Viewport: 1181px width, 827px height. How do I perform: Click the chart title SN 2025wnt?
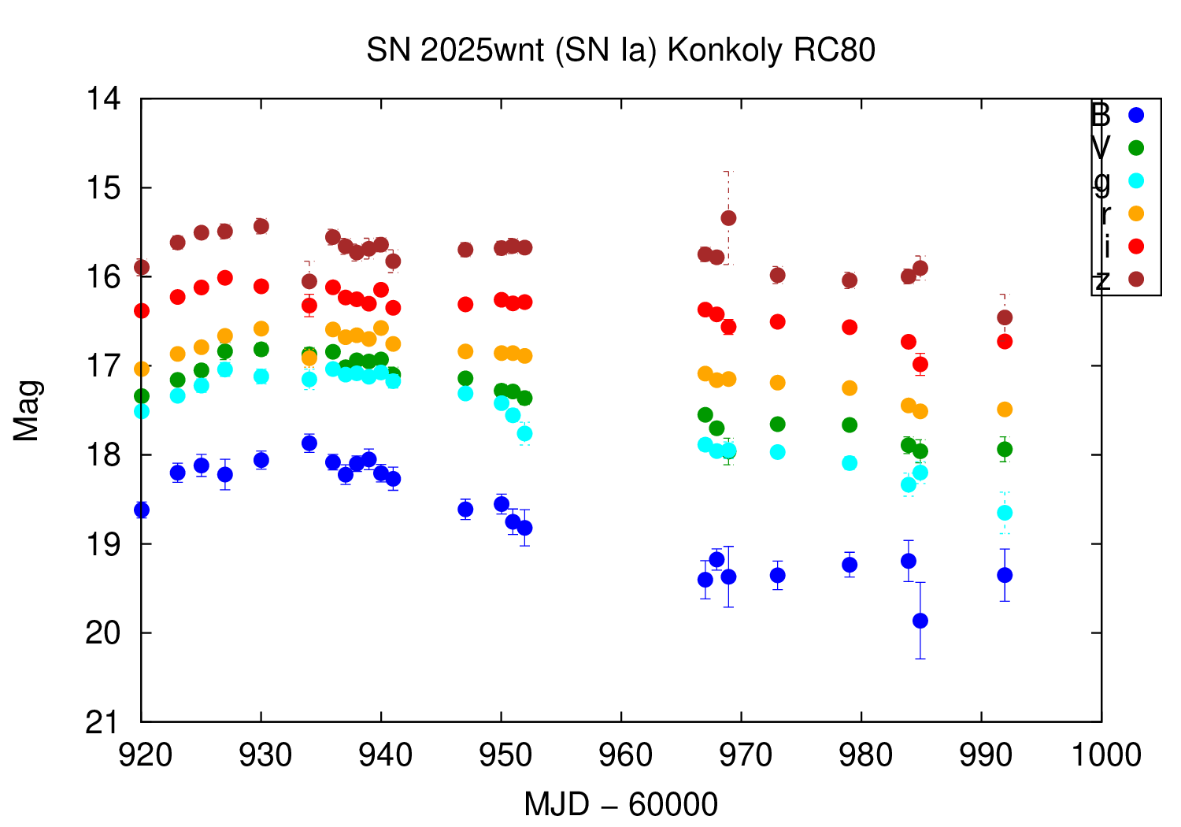point(620,50)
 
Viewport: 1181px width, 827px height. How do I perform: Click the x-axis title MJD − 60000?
point(620,804)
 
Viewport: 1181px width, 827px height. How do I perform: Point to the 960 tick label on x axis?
point(621,755)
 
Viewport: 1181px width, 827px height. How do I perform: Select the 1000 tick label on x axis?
point(1101,755)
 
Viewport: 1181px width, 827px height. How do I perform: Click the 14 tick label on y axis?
point(105,99)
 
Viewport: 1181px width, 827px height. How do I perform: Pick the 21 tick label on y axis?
point(105,721)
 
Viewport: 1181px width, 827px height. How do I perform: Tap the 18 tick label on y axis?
point(105,455)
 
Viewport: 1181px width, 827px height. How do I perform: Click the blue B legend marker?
point(1136,115)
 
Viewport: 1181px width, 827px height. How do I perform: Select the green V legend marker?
point(1136,147)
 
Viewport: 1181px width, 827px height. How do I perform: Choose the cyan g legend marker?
point(1136,180)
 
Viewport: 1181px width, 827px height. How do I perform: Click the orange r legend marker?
point(1136,213)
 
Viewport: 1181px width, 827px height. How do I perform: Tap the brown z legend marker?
point(1136,279)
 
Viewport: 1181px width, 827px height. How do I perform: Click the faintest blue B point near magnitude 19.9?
point(920,621)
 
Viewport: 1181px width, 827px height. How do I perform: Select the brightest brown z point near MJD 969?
point(728,217)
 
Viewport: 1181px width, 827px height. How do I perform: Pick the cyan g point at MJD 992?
point(1005,513)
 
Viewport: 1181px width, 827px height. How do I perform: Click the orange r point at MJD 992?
point(1005,410)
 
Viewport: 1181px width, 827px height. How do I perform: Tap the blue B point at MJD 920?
point(142,510)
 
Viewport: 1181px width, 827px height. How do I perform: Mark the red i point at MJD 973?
point(778,321)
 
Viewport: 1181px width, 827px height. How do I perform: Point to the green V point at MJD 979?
point(850,425)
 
